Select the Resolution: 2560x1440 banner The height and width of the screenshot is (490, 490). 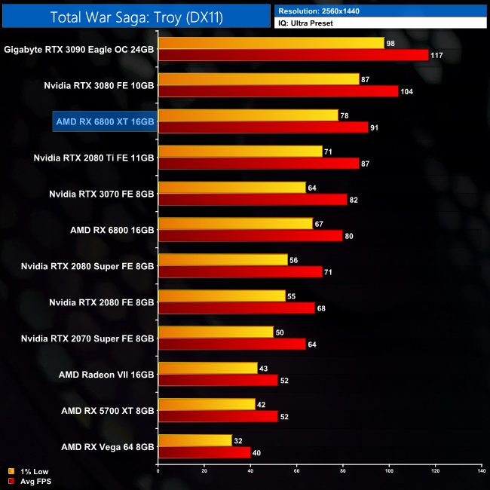(381, 11)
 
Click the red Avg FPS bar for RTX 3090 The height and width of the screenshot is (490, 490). (293, 54)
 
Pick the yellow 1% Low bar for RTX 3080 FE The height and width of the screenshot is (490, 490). (259, 78)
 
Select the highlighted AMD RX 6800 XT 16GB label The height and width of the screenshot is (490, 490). (105, 121)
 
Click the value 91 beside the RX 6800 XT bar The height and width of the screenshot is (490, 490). (374, 127)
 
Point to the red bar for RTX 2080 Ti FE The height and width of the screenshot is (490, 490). (259, 163)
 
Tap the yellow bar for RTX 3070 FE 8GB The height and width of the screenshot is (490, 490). (232, 187)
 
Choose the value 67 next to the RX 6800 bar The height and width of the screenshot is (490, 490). (319, 223)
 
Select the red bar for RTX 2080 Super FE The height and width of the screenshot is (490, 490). (240, 271)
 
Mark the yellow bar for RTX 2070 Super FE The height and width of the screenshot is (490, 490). (216, 332)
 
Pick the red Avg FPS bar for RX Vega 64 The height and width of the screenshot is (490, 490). (204, 452)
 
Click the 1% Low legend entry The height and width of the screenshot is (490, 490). (27, 471)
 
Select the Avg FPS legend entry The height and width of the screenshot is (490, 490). (29, 480)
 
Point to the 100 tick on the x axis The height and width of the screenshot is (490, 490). (389, 471)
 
